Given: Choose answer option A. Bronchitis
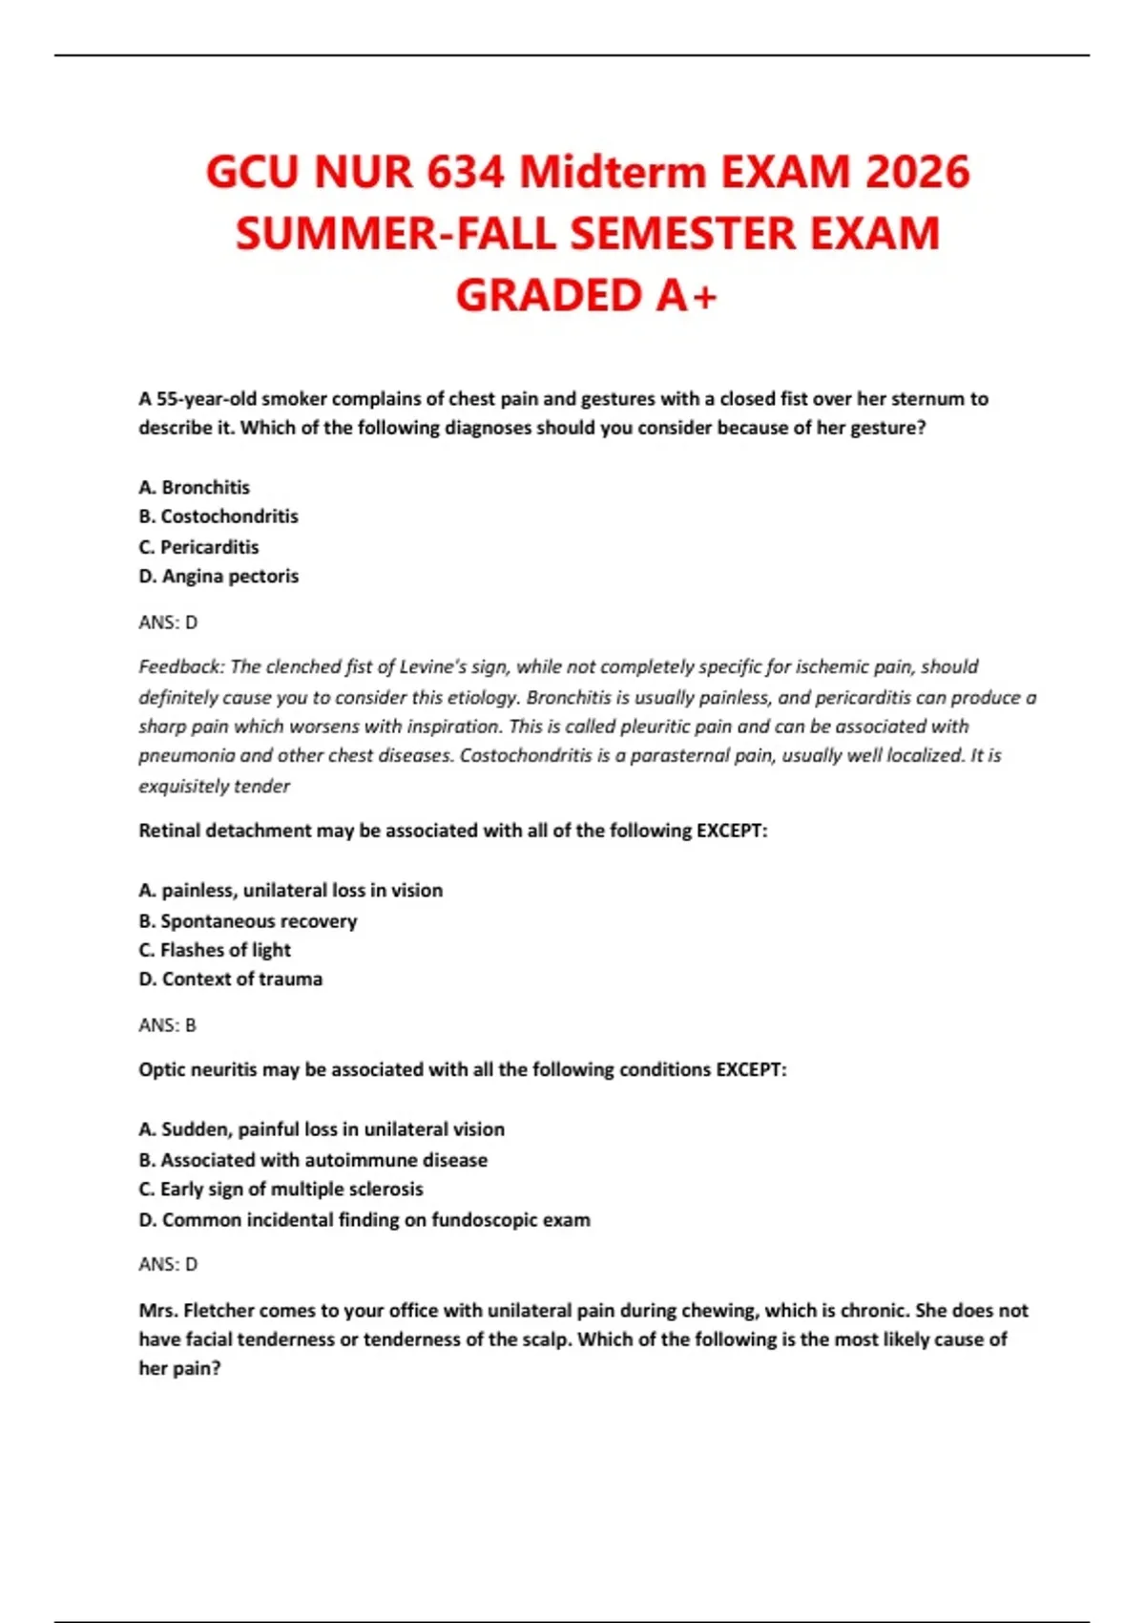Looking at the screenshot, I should coord(194,487).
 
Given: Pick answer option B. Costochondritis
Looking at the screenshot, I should coord(219,516).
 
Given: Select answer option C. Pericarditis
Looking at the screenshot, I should coord(198,547).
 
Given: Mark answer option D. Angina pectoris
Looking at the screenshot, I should coord(219,576).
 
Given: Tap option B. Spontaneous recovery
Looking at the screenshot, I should coord(248,921).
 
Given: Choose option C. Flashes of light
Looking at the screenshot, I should coord(215,950).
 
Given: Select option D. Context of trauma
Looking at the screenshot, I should coord(230,979).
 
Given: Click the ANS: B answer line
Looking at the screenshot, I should coord(167,1025).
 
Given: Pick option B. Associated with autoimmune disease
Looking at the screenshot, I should coord(313,1160).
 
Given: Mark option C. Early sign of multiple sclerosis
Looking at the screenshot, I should coord(281,1189).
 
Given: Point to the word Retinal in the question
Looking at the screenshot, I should coord(170,831).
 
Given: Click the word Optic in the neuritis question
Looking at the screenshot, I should coord(159,1069).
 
